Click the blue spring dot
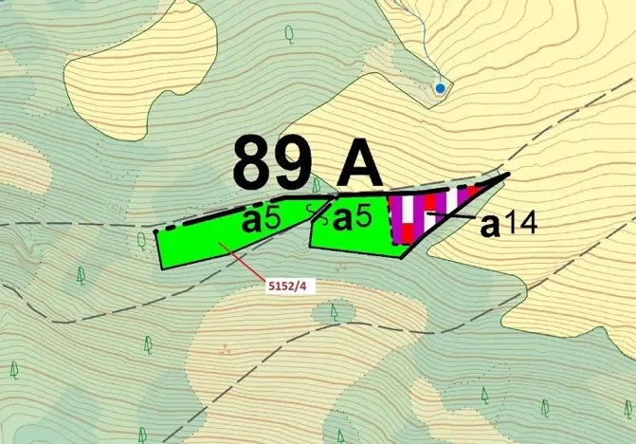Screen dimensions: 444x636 pyautogui.click(x=440, y=88)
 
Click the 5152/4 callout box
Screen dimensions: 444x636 pyautogui.click(x=284, y=285)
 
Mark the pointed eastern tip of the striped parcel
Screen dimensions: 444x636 pyautogui.click(x=508, y=176)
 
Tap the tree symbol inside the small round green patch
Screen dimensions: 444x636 pyautogui.click(x=334, y=310)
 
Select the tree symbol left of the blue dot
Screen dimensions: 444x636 pyautogui.click(x=290, y=33)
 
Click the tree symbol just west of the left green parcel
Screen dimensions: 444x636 pyautogui.click(x=142, y=238)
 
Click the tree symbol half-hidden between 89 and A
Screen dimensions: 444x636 pyautogui.click(x=317, y=182)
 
